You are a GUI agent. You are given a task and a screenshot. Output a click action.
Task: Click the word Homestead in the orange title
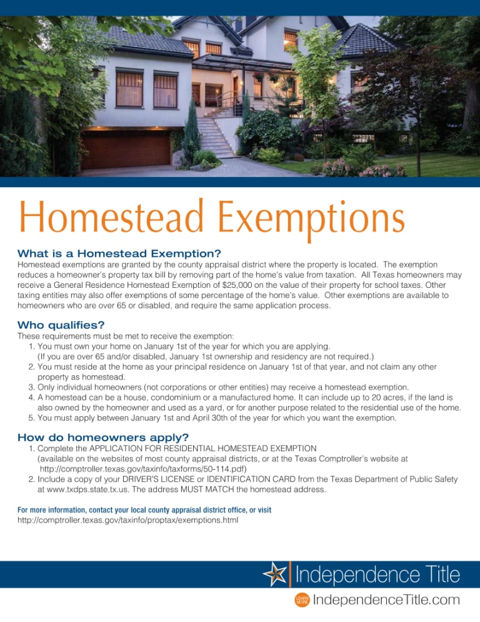tap(111, 217)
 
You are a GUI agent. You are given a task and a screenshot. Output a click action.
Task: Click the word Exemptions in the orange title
tap(311, 220)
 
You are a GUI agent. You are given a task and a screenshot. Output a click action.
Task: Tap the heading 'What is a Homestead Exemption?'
tap(119, 253)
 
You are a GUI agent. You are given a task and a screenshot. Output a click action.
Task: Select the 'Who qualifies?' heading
tap(61, 325)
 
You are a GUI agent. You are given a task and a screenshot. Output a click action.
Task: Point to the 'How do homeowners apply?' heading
tap(103, 437)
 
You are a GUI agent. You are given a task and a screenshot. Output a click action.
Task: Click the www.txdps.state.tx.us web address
tap(87, 489)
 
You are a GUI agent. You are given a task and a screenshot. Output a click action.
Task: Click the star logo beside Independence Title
tap(274, 574)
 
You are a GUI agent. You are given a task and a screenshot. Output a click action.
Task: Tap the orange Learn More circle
tap(302, 599)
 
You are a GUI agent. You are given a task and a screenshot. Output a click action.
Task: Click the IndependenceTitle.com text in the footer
tap(386, 599)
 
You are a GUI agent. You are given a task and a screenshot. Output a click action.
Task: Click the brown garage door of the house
tap(126, 149)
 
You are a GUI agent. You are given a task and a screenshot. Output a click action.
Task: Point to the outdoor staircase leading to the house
tap(216, 136)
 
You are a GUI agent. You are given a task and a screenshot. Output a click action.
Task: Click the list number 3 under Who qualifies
tap(31, 387)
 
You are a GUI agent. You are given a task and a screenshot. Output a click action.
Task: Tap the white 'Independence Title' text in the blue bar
tap(377, 574)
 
